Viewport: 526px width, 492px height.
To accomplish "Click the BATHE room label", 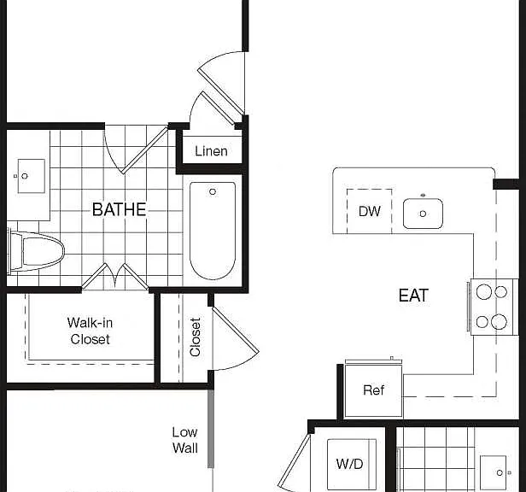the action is coord(119,209).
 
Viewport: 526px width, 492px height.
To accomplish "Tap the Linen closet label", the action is coord(212,151).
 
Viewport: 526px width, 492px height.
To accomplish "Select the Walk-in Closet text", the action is coord(90,331).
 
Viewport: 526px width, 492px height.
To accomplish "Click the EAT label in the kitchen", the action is coord(413,296).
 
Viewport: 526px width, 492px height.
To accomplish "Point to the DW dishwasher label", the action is coord(370,212).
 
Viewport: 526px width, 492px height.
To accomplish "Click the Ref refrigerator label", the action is coord(374,390).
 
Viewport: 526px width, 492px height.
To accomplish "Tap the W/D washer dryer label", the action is coord(349,464).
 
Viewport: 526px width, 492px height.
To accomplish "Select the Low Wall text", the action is coord(184,440).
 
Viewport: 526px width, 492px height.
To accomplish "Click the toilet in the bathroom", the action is coord(36,251).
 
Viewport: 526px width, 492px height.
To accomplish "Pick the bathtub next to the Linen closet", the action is coord(213,231).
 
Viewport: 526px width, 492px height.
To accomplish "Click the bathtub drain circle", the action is coord(213,191).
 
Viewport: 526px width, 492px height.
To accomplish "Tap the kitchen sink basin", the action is coord(423,214).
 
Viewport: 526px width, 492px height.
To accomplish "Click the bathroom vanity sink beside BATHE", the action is coord(31,176).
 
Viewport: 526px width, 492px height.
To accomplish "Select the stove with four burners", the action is coord(492,307).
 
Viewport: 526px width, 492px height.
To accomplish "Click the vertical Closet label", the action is coord(195,337).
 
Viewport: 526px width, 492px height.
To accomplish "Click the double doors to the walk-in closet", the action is coord(115,277).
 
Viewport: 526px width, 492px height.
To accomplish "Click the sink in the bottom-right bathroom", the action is coord(493,473).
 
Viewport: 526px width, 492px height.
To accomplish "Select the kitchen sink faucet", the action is coord(423,195).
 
